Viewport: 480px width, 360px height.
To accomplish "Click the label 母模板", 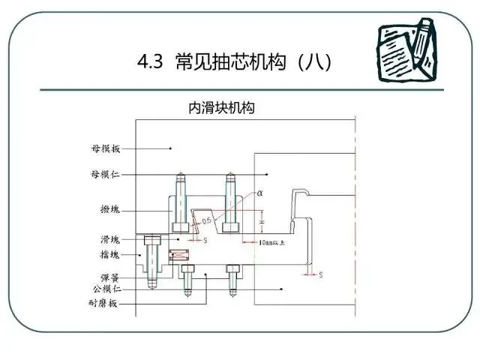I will click(x=104, y=148).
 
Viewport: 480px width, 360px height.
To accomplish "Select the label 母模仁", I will click(x=104, y=174).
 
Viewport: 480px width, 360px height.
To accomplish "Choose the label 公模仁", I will click(x=104, y=289).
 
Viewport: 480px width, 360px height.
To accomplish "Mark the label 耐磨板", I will click(x=104, y=304).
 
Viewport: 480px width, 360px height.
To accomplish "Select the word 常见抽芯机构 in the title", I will click(x=228, y=63).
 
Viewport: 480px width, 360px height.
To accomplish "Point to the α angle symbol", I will click(x=259, y=193).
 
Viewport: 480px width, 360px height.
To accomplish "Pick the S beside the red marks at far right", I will click(x=321, y=275).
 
